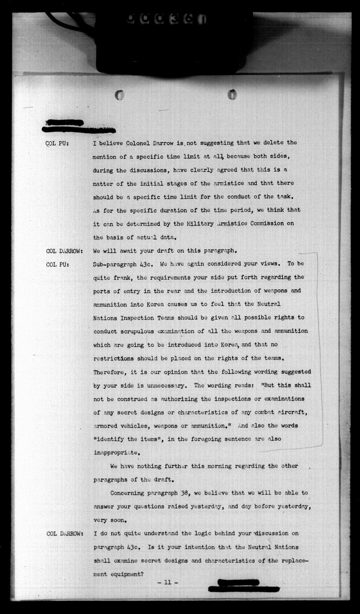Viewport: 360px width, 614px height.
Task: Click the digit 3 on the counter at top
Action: [x=174, y=19]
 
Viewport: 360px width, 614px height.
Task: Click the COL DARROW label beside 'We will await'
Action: [x=64, y=251]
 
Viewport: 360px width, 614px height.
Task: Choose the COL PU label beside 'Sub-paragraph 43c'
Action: [x=57, y=264]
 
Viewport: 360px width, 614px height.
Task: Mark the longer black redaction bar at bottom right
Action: [x=244, y=590]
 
